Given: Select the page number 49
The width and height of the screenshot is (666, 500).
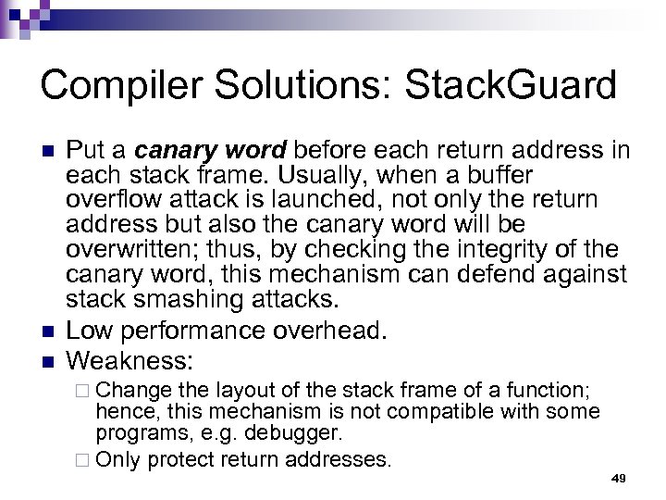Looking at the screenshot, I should [619, 478].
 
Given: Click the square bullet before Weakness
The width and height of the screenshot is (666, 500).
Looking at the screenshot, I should [48, 358].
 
